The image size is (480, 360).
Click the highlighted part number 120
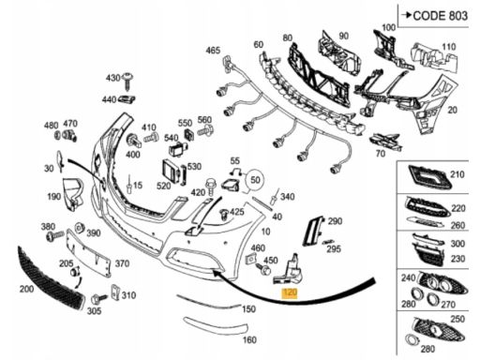(x=290, y=293)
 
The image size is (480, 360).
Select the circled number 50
(x=255, y=180)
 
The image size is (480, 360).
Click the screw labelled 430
(x=127, y=80)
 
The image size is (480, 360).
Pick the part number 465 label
(x=213, y=51)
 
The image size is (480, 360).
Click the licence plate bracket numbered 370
(x=89, y=252)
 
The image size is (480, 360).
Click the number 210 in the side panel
(x=457, y=174)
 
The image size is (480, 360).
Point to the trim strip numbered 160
(x=215, y=325)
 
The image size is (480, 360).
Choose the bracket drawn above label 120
(x=289, y=270)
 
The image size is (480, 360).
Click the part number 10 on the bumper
(x=265, y=232)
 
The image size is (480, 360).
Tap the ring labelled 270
(x=433, y=298)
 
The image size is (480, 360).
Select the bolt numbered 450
(x=263, y=269)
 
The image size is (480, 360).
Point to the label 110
(x=449, y=47)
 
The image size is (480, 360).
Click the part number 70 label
(x=381, y=154)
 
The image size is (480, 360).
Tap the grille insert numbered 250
(x=439, y=331)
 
